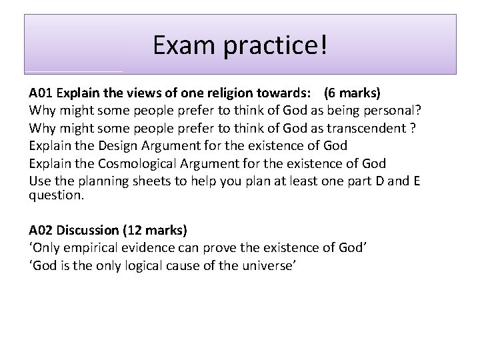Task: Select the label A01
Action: tap(39, 93)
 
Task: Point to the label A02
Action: tap(39, 230)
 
